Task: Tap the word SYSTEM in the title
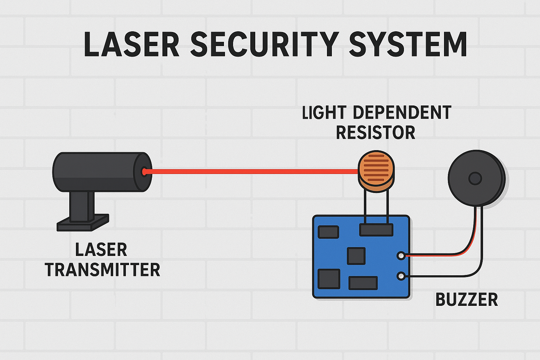point(408,44)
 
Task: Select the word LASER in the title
point(131,44)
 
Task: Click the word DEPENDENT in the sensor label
point(402,113)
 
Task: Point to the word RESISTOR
point(375,133)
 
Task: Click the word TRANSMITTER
point(102,270)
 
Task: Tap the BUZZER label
point(467,300)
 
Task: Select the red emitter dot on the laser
point(144,172)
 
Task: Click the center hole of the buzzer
point(475,179)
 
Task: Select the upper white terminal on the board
point(401,256)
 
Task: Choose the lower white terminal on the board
point(401,276)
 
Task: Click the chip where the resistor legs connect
point(376,230)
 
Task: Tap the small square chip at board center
point(356,256)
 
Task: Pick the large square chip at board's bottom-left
point(329,279)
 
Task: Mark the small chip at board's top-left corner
point(328,232)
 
